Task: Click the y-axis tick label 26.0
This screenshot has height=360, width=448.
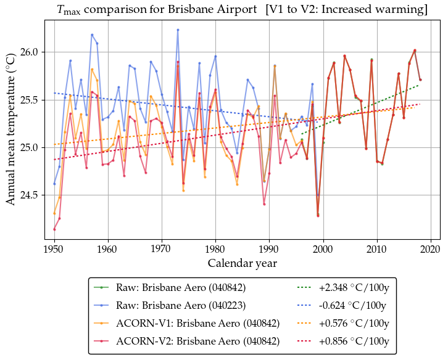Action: click(x=30, y=52)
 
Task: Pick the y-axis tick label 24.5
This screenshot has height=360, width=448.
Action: click(x=30, y=195)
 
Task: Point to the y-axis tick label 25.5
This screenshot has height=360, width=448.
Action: click(x=30, y=100)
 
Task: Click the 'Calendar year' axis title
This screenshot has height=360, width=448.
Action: click(x=242, y=263)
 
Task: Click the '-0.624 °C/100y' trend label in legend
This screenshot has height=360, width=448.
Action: click(x=354, y=305)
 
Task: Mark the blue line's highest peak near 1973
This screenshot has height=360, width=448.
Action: click(x=178, y=30)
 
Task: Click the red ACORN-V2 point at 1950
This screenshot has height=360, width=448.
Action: click(x=54, y=229)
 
